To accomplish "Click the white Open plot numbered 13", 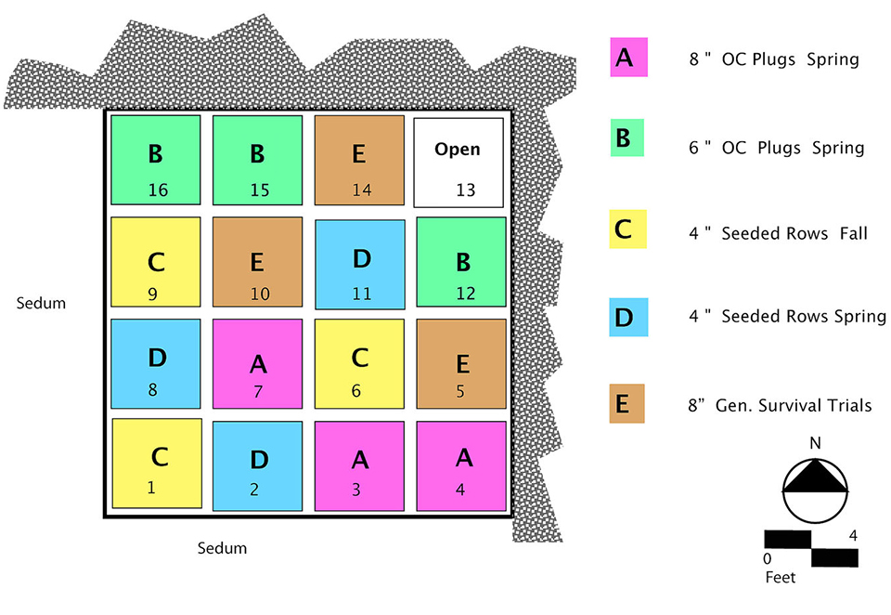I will coord(458,164).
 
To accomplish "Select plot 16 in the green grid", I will coord(156,160).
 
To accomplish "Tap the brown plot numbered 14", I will coord(359,160).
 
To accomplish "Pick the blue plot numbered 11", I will coord(360,265).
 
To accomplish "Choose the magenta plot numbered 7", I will coord(258,363).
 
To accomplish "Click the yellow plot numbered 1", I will coord(157,463).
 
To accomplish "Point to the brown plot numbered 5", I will coord(461,363).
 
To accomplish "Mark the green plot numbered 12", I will coord(461,262).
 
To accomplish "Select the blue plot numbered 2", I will coord(257,465).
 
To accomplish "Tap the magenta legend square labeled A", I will coord(628,58).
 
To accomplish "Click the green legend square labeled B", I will coord(628,139).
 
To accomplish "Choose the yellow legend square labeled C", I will coord(628,229).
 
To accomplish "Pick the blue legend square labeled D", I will coord(628,316).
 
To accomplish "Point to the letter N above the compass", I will coord(815,443).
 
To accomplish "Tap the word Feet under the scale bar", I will coord(781,577).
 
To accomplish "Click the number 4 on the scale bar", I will coord(850,535).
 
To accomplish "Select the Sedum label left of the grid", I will coord(42,303).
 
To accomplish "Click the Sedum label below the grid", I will coord(222,548).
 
